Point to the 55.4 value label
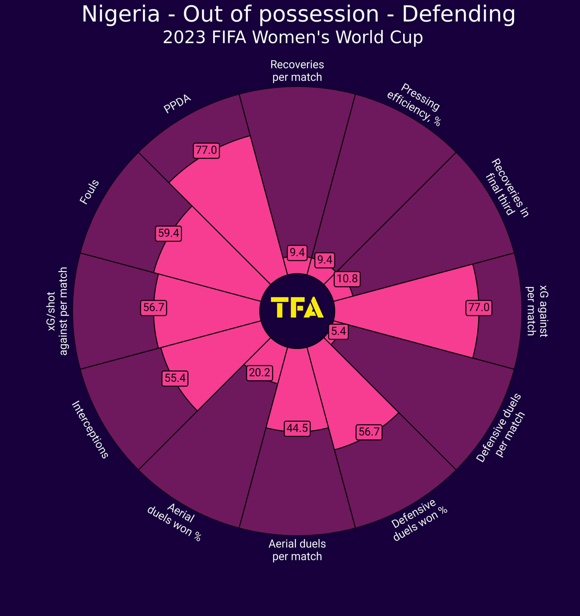pyautogui.click(x=175, y=378)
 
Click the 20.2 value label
pyautogui.click(x=260, y=372)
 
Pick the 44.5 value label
pyautogui.click(x=297, y=428)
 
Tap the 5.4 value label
pyautogui.click(x=338, y=332)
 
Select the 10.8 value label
pyautogui.click(x=347, y=279)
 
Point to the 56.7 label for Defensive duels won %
pyautogui.click(x=369, y=432)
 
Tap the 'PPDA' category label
pyautogui.click(x=177, y=104)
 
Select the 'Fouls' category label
pyautogui.click(x=89, y=192)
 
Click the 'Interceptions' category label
pyautogui.click(x=90, y=430)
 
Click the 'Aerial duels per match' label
pyautogui.click(x=297, y=550)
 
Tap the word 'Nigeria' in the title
pyautogui.click(x=121, y=15)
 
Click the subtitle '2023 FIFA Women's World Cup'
pyautogui.click(x=293, y=38)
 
